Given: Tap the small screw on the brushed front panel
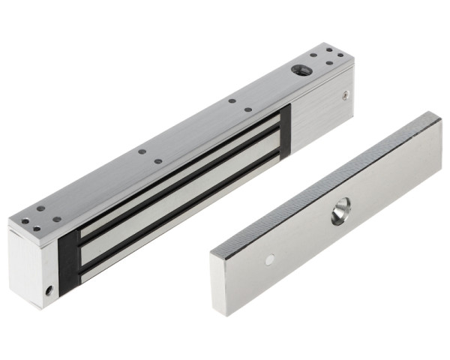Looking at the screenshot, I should click(x=344, y=95).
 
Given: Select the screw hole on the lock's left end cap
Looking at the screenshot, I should click(x=49, y=288).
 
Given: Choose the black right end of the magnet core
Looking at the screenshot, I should click(x=283, y=135).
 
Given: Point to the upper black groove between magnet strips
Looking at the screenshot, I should click(x=180, y=184).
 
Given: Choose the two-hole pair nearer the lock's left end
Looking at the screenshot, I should click(x=149, y=156).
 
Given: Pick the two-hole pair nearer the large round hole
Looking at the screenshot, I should click(x=239, y=105).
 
